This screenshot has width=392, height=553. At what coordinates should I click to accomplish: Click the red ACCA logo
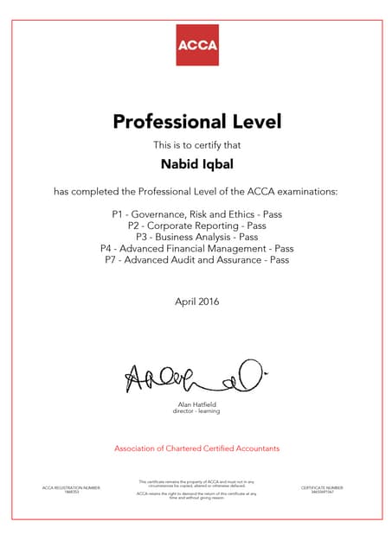click(196, 44)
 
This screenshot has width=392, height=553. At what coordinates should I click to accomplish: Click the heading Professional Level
click(196, 122)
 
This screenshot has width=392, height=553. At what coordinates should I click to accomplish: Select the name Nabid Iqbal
click(196, 162)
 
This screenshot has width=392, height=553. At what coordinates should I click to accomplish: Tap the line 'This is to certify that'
click(196, 143)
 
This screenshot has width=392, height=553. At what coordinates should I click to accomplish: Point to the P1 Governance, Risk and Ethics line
click(196, 213)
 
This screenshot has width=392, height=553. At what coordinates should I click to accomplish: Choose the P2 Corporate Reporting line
click(196, 225)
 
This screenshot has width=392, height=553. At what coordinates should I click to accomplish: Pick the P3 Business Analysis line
click(196, 236)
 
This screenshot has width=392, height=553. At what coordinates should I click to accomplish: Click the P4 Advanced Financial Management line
click(196, 248)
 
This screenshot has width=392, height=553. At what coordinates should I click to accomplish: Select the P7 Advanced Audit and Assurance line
click(196, 259)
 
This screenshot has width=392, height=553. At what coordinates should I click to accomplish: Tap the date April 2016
click(196, 302)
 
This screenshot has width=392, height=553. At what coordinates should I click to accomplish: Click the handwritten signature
click(194, 376)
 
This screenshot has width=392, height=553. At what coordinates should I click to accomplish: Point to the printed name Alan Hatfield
click(196, 404)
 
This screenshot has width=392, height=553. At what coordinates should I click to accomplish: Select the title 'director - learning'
click(196, 411)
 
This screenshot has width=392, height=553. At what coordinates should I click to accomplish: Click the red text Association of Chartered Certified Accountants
click(196, 448)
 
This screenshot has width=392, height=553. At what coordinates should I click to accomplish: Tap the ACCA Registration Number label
click(71, 487)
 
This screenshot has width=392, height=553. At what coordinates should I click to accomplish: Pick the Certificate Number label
click(322, 487)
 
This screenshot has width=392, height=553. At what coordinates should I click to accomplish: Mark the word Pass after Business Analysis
click(248, 236)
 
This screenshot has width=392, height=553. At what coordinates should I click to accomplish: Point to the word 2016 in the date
click(208, 302)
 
